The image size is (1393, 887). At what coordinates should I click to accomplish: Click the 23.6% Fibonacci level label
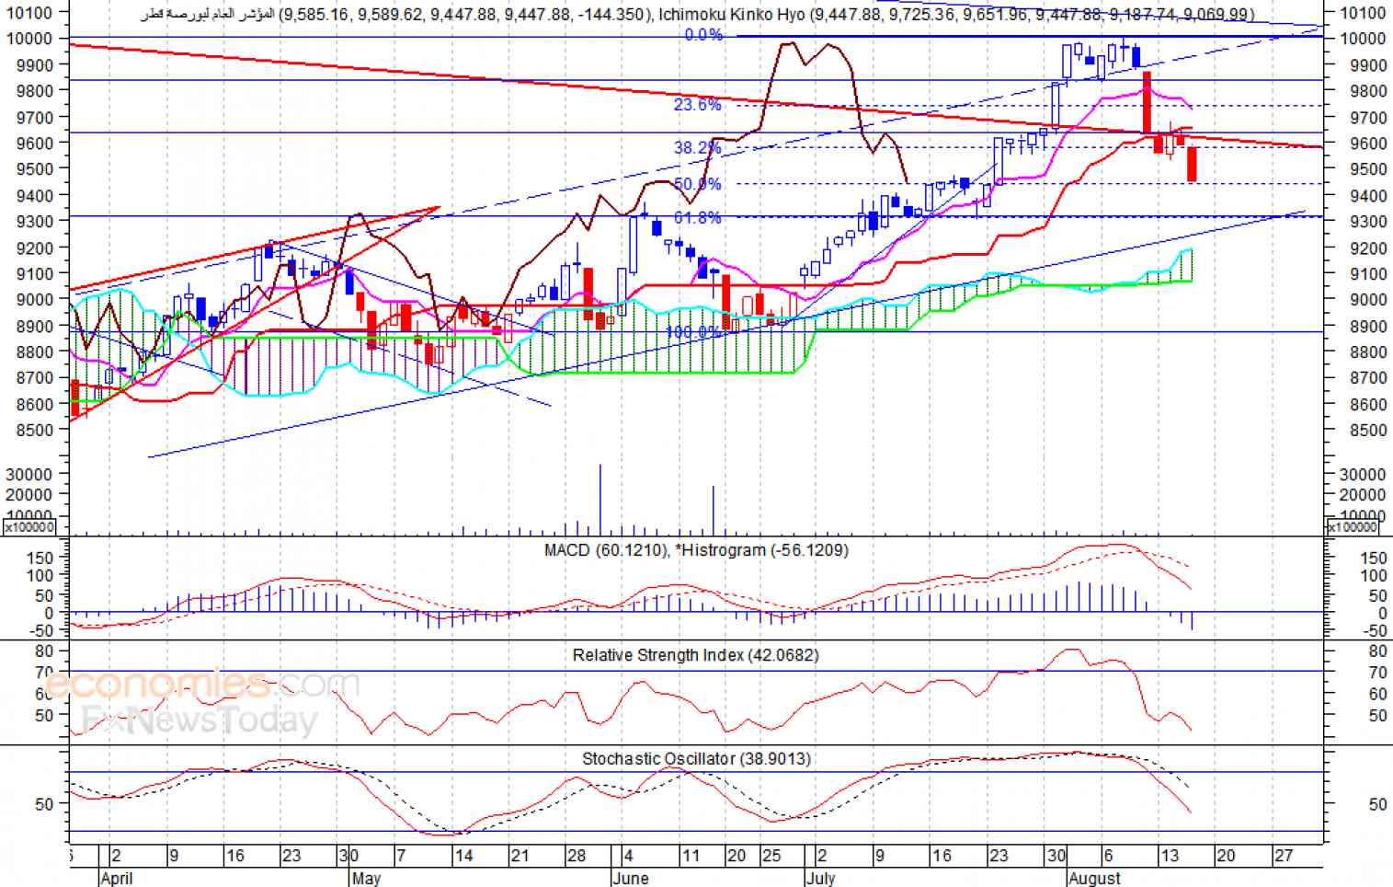pyautogui.click(x=697, y=105)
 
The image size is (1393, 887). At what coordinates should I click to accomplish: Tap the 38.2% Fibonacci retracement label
pyautogui.click(x=697, y=148)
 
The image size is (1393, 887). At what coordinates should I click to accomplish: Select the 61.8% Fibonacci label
pyautogui.click(x=697, y=218)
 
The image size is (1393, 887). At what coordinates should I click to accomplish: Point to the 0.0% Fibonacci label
pyautogui.click(x=703, y=35)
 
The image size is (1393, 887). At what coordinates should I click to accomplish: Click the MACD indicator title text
pyautogui.click(x=695, y=550)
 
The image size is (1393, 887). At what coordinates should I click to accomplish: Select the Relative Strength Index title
pyautogui.click(x=695, y=655)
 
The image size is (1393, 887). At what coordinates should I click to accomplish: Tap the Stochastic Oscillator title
pyautogui.click(x=695, y=758)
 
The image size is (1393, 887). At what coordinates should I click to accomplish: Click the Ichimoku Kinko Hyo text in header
pyautogui.click(x=734, y=14)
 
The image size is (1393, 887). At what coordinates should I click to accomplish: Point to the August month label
pyautogui.click(x=1094, y=878)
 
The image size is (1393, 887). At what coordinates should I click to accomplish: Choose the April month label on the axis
pyautogui.click(x=117, y=878)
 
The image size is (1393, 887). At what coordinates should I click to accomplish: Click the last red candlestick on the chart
pyautogui.click(x=1192, y=165)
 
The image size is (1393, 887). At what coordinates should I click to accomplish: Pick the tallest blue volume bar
pyautogui.click(x=600, y=500)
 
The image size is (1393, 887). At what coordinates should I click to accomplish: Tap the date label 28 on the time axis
pyautogui.click(x=576, y=856)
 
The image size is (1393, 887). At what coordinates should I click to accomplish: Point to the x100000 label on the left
pyautogui.click(x=29, y=527)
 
